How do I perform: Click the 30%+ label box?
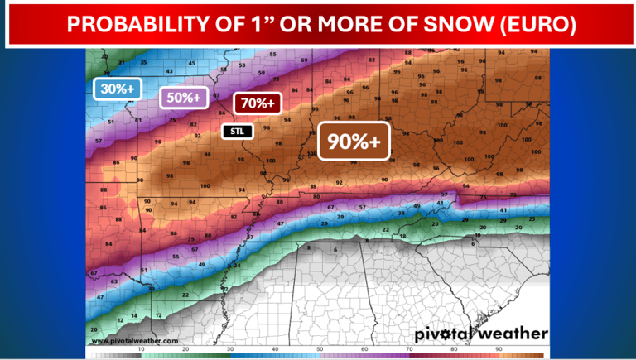pyautogui.click(x=118, y=89)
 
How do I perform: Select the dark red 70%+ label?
pyautogui.click(x=258, y=103)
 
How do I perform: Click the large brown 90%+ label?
pyautogui.click(x=354, y=142)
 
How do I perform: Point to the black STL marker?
pyautogui.click(x=237, y=130)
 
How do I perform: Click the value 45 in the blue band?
pyautogui.click(x=192, y=63)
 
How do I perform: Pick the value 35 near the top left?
pyautogui.click(x=143, y=62)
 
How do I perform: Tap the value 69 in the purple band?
pyautogui.click(x=304, y=60)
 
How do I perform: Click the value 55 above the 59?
pyautogui.click(x=273, y=54)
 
